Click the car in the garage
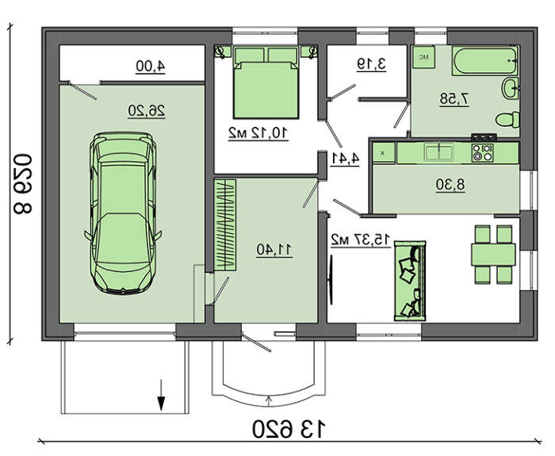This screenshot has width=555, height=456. [122, 213]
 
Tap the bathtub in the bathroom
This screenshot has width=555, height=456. [485, 60]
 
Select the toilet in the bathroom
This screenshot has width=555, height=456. [507, 120]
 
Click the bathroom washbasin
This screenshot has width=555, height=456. [511, 88]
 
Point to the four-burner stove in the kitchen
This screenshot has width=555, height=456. [483, 153]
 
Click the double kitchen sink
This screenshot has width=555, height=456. [439, 152]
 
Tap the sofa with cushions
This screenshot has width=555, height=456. [410, 281]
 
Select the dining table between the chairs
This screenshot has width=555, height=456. [493, 255]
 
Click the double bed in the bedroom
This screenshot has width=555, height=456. [266, 82]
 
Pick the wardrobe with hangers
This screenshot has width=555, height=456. [225, 225]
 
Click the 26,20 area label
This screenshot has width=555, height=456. [147, 111]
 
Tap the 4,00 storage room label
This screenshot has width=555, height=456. [151, 67]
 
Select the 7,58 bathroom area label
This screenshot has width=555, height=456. [455, 99]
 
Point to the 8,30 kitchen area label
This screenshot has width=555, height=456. [450, 185]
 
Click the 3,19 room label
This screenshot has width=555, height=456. [371, 64]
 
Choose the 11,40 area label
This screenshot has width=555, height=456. [274, 250]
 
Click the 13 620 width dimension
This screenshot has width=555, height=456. [289, 430]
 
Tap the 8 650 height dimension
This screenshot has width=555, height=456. [23, 184]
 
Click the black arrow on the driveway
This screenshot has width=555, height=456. [162, 395]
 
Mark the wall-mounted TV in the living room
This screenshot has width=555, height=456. [331, 280]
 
